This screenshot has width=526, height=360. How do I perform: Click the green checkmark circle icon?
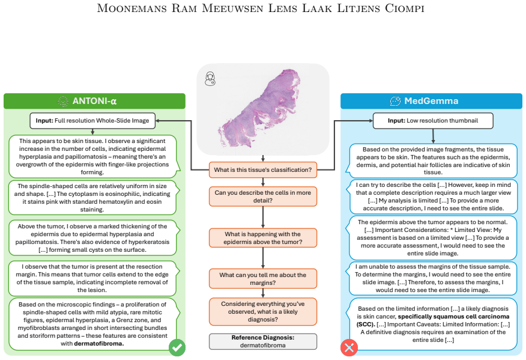tap(177, 347)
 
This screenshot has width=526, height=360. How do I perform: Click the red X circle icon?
tap(349, 347)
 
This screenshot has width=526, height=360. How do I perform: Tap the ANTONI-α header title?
tap(95, 101)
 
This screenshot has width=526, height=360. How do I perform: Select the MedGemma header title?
tap(431, 101)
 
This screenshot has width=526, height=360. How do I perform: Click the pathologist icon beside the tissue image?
tap(210, 79)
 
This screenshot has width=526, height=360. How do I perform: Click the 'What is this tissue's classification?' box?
tap(263, 170)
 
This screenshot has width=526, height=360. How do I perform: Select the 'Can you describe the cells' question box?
tap(263, 197)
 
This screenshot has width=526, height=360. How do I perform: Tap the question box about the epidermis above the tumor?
tap(263, 238)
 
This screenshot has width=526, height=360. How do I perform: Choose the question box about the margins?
tap(263, 279)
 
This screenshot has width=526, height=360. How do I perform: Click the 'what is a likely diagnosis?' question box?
tap(263, 312)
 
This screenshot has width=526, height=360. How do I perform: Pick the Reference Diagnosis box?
tap(263, 341)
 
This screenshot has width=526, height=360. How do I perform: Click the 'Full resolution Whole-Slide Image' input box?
tap(92, 121)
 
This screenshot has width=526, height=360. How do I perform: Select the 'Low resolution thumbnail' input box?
tap(433, 121)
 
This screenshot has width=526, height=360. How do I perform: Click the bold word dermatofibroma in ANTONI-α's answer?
tap(99, 344)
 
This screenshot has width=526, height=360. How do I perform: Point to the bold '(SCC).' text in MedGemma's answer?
tap(366, 325)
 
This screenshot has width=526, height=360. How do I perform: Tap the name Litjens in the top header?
tap(358, 8)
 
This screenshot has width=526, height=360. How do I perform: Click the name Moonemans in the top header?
tap(132, 8)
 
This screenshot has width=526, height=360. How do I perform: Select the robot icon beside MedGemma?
tap(395, 101)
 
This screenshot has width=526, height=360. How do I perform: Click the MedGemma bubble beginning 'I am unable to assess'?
tap(433, 278)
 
